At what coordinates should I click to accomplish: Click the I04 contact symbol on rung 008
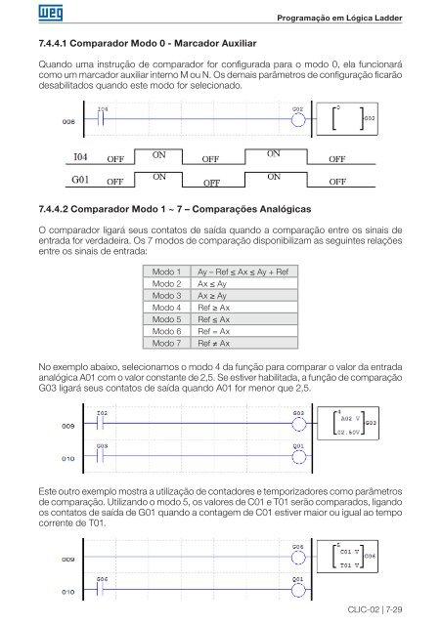tap(103, 120)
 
